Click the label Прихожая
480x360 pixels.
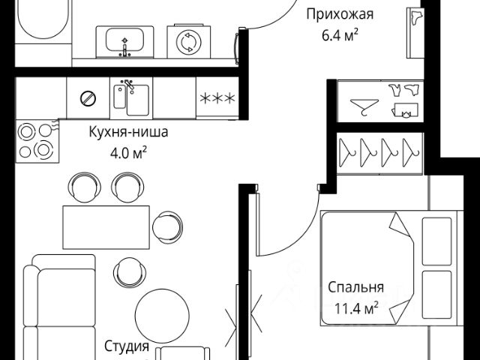pyautogui.click(x=340, y=13)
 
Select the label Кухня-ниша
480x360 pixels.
pyautogui.click(x=128, y=133)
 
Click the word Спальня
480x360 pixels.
pyautogui.click(x=355, y=286)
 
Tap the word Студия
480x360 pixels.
pyautogui.click(x=126, y=347)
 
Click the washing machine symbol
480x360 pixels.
pyautogui.click(x=187, y=41)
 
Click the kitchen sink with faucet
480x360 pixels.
pyautogui.click(x=130, y=98)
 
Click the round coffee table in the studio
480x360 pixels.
pyautogui.click(x=161, y=313)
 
